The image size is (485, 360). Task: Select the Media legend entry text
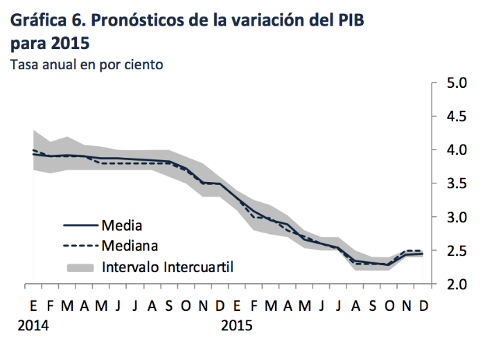point(122,225)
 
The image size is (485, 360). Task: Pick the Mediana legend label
point(130,245)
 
